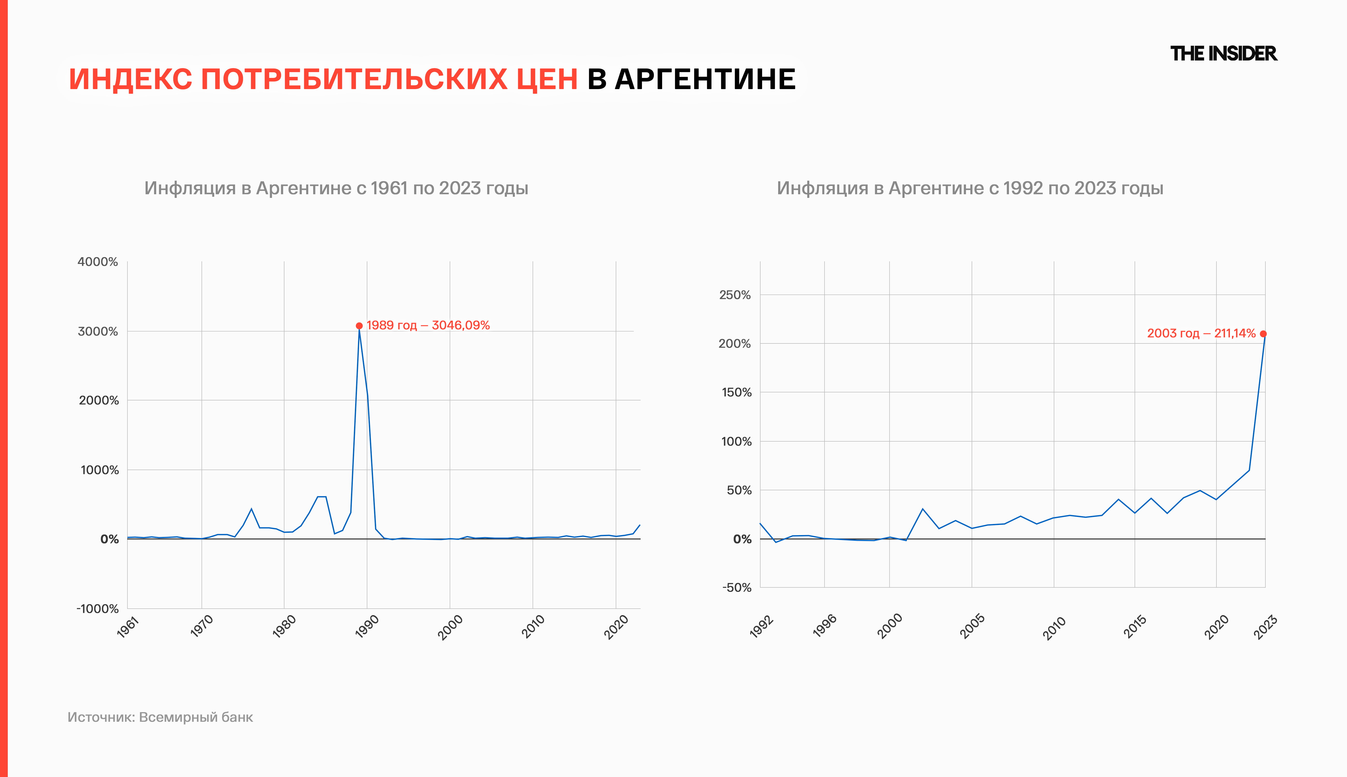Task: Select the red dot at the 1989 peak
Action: (359, 326)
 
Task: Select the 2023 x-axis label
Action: (1265, 627)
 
